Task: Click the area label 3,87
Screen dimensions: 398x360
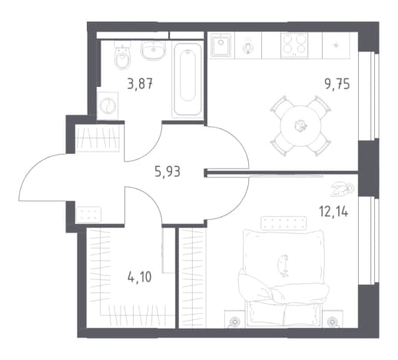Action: (x=140, y=84)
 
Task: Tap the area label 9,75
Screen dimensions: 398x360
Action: (x=337, y=84)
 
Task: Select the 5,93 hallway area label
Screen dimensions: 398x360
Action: (x=167, y=172)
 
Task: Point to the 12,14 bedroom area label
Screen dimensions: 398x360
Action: (x=333, y=212)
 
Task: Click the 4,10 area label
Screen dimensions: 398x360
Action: (x=139, y=277)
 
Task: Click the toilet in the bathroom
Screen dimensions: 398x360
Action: (x=122, y=56)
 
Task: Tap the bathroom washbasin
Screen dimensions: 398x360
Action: (x=153, y=51)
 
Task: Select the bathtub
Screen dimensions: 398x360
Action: (x=187, y=80)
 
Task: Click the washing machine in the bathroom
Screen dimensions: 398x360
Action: (x=108, y=105)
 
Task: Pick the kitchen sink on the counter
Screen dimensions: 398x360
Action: (x=221, y=45)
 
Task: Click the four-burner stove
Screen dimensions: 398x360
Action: (x=294, y=45)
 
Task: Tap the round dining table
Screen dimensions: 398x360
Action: (x=300, y=126)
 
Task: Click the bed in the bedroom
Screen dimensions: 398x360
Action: (x=283, y=278)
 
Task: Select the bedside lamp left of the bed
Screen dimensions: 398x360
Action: (x=234, y=321)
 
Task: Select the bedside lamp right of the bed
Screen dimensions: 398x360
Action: (x=332, y=321)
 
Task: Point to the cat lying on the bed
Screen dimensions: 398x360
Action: (x=284, y=265)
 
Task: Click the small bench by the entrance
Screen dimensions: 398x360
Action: (x=88, y=215)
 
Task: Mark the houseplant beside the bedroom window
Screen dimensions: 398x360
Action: (x=342, y=189)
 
